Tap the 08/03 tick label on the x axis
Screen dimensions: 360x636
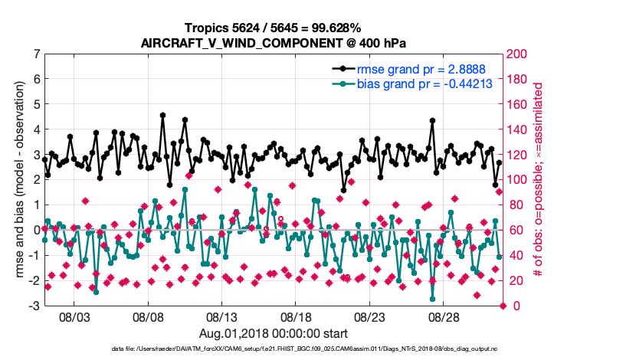click(x=74, y=317)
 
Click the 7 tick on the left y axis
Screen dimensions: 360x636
click(x=36, y=54)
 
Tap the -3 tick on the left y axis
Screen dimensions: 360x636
click(x=34, y=306)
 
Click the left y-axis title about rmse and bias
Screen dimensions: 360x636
click(x=17, y=180)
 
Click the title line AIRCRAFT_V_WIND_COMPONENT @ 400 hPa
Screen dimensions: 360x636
click(x=273, y=43)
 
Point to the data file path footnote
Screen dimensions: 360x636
click(x=273, y=349)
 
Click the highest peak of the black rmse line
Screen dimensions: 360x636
click(x=162, y=116)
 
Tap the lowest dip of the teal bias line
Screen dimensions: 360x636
click(x=432, y=299)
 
